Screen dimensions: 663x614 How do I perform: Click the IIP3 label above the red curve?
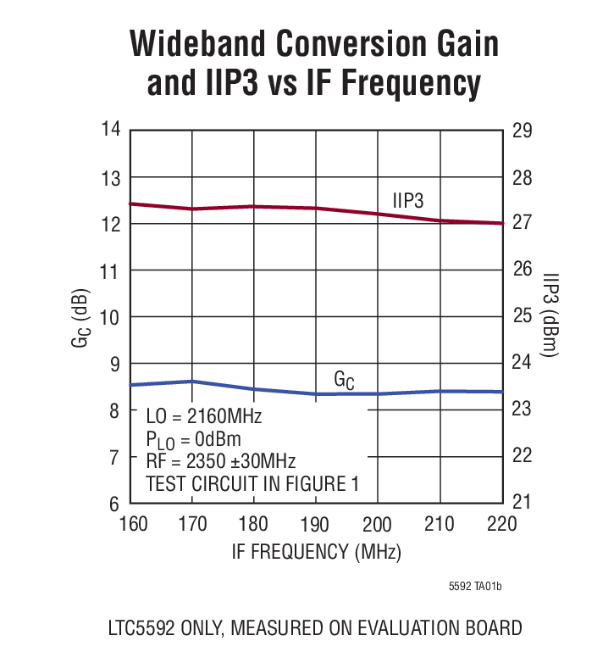coord(407,200)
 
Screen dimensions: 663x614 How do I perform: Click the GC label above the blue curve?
coord(344,381)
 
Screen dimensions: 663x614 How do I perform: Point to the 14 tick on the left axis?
coord(111,130)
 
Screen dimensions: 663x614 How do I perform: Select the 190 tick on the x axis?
coord(316,523)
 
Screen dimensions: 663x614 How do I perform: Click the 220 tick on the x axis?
coord(502,523)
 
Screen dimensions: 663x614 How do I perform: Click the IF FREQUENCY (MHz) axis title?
coord(316,551)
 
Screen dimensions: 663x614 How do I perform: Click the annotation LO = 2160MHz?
coord(203,417)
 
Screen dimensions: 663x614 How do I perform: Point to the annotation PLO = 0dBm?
coord(193,439)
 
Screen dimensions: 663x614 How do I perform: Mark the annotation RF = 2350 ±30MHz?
coord(220,462)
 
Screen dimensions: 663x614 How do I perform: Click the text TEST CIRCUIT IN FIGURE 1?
coord(252,484)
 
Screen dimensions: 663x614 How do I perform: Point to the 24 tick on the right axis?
coord(522,363)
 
